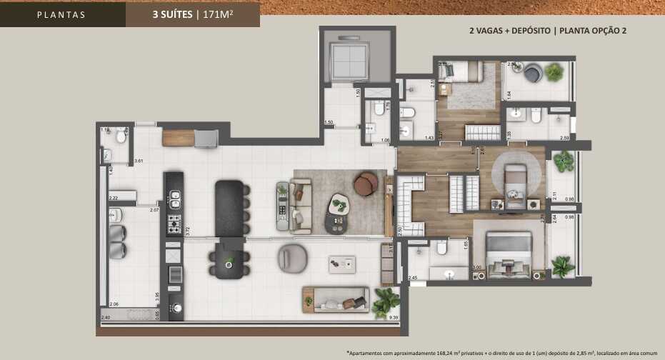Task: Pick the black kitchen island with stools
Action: point(229,208)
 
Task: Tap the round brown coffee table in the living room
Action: point(366,184)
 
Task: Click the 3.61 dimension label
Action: point(139,161)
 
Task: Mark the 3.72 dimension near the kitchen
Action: point(187,231)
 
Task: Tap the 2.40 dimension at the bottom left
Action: point(106,317)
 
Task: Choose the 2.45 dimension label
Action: point(413,277)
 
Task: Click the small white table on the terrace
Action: point(341,264)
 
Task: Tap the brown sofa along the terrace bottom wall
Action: point(336,298)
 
